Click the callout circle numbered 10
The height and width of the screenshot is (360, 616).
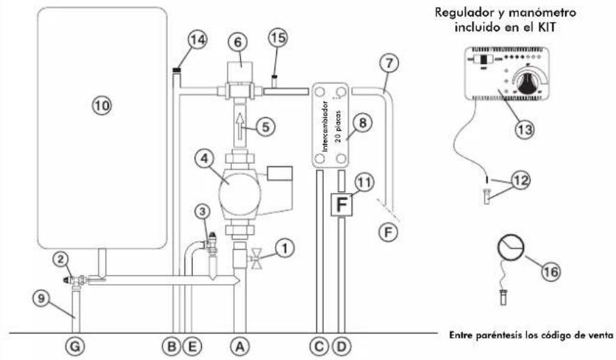(102, 105)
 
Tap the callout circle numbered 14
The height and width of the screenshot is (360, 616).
(198, 39)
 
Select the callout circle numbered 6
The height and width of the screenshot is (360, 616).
(238, 42)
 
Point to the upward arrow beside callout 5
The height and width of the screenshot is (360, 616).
(239, 124)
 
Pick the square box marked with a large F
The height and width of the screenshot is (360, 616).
(341, 204)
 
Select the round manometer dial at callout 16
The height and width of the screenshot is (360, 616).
(511, 247)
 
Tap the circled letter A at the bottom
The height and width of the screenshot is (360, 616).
(239, 346)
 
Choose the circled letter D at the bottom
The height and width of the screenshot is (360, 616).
(341, 346)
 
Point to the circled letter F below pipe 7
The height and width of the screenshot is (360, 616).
(388, 233)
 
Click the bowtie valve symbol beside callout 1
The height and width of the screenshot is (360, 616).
(257, 258)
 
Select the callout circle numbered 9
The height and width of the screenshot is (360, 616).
(42, 298)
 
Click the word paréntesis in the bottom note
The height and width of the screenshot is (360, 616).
(495, 335)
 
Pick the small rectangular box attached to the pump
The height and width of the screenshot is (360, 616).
(280, 173)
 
